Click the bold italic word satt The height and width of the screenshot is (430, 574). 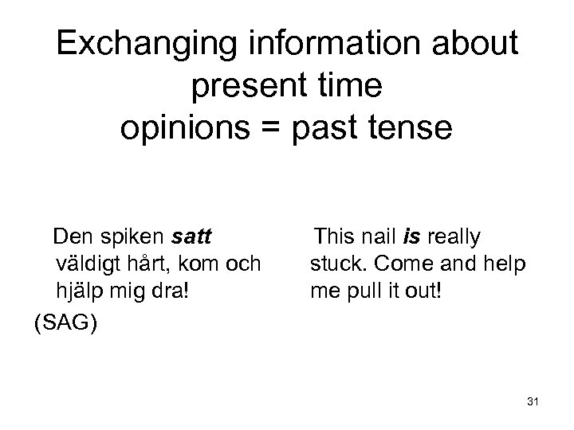point(192,236)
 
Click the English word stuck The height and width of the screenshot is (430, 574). point(332,264)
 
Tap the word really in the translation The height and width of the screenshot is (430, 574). point(454,236)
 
